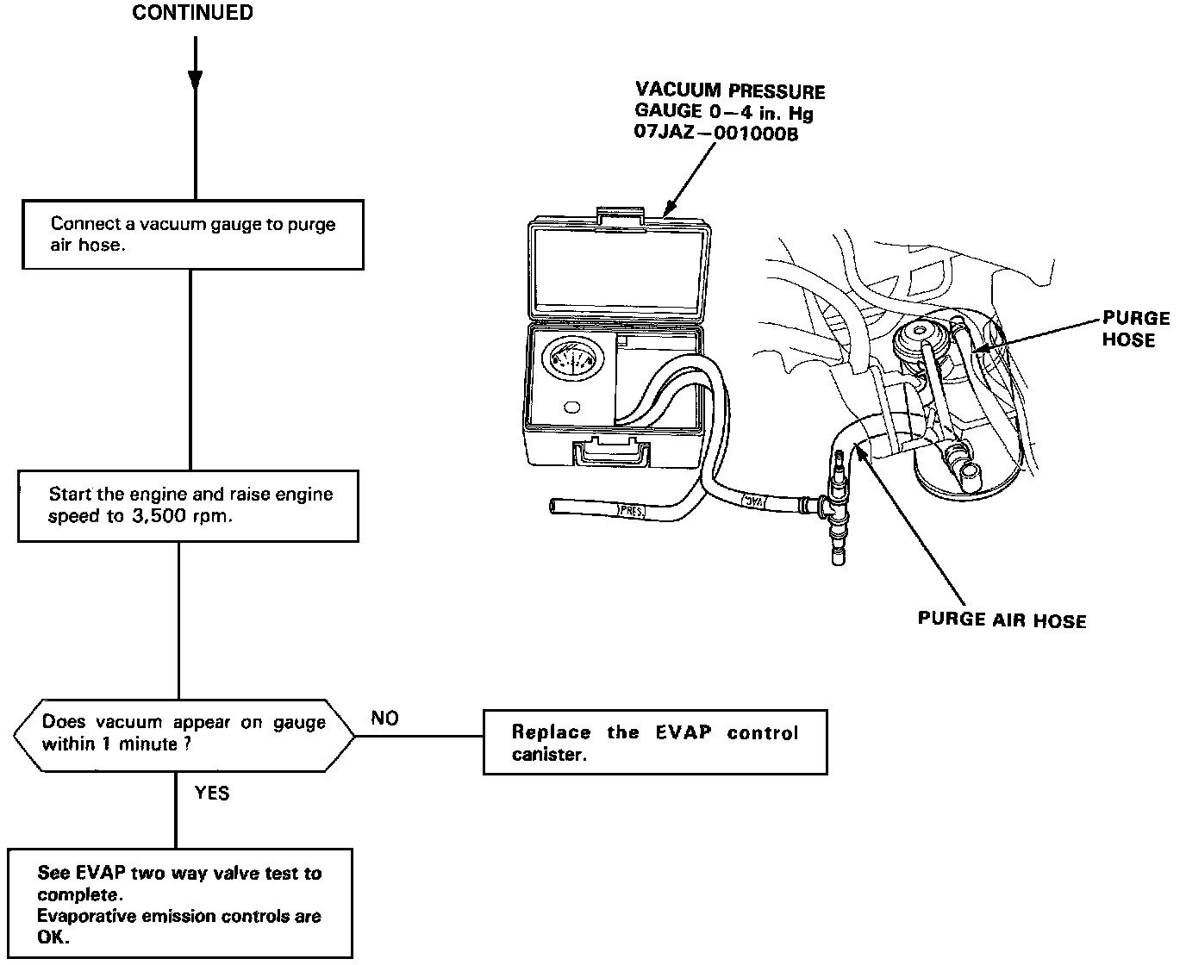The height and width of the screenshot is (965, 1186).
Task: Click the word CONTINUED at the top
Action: [193, 13]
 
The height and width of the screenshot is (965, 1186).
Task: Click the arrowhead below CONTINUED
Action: [196, 80]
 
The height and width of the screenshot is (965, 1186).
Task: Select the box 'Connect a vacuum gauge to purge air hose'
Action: [192, 234]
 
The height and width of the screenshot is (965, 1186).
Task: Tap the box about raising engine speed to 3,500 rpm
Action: [188, 506]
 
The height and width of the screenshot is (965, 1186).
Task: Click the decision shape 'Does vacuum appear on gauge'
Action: [184, 733]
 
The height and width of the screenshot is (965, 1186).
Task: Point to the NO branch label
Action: [384, 718]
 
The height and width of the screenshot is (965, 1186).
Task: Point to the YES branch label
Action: [212, 793]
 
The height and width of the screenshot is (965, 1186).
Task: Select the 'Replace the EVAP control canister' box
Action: [655, 743]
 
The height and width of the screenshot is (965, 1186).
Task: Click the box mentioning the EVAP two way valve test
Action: [180, 904]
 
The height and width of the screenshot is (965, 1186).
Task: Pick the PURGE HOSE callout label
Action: [1136, 329]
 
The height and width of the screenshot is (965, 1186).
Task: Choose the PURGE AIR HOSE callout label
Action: [1002, 619]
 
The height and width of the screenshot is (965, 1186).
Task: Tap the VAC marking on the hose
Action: [755, 499]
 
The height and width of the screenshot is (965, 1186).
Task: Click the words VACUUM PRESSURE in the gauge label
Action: [730, 90]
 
